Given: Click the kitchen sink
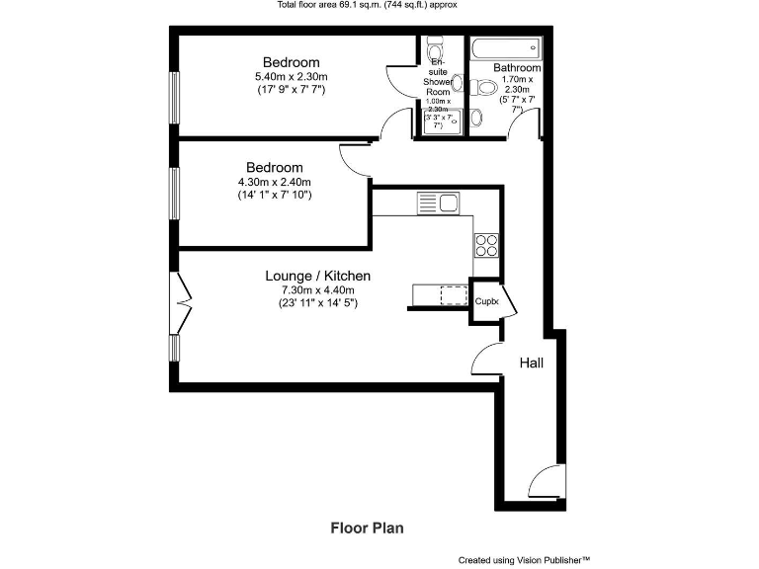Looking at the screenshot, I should click(x=437, y=204).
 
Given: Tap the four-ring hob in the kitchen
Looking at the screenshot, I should click(x=487, y=244).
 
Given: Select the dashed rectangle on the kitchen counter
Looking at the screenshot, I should click(x=453, y=295).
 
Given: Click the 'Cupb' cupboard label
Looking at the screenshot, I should click(x=486, y=301).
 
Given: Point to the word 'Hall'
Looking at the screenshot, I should click(x=532, y=364).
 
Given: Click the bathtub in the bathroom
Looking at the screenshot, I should click(x=505, y=47).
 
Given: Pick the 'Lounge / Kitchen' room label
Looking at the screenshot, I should click(x=317, y=276).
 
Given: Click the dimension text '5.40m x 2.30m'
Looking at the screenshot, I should click(x=291, y=77).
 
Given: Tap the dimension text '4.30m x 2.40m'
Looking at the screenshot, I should click(x=275, y=182).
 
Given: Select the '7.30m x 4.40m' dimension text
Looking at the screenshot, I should click(x=317, y=289).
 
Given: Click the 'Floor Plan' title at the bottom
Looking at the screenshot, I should click(x=366, y=528).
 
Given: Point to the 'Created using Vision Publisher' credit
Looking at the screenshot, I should click(x=524, y=560).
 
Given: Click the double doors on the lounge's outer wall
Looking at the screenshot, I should click(x=181, y=303).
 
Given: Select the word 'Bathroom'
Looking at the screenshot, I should click(x=517, y=67).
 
